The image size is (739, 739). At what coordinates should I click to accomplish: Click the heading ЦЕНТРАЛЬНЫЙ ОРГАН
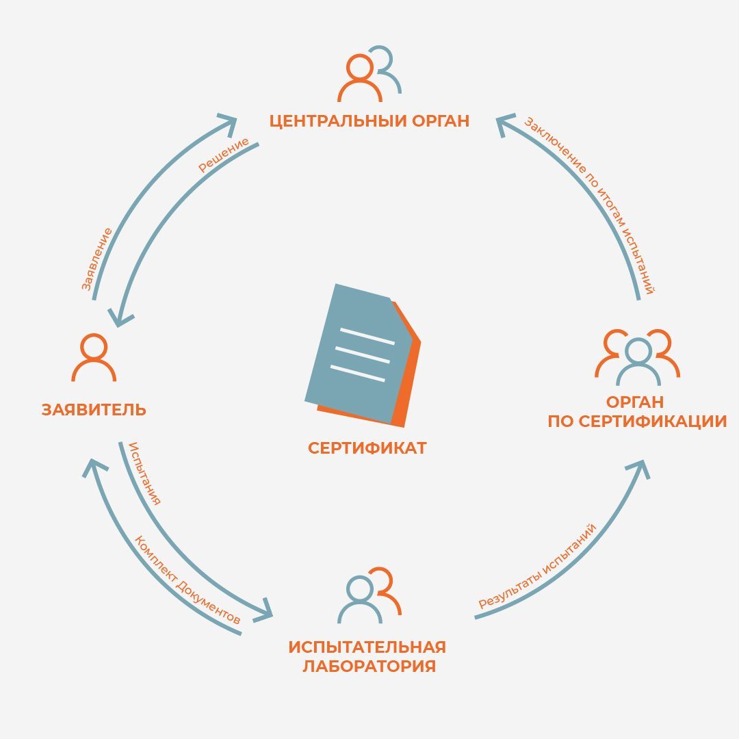(x=369, y=120)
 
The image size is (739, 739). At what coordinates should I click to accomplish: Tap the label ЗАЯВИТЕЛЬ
(x=94, y=410)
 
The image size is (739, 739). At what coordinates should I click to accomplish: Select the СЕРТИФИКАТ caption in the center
(x=367, y=448)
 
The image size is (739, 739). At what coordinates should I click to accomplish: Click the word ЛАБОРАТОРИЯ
(x=369, y=666)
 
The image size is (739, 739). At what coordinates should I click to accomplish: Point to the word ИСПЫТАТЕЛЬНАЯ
(x=367, y=647)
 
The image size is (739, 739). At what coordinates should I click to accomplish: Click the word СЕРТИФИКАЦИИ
(x=653, y=422)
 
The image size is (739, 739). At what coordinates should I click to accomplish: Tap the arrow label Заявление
(x=96, y=259)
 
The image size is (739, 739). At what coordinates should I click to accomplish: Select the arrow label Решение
(x=223, y=155)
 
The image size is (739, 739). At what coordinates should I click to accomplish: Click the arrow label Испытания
(x=145, y=474)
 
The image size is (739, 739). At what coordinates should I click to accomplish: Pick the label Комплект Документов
(x=187, y=580)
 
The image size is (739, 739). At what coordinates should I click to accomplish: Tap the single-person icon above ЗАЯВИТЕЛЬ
(x=94, y=356)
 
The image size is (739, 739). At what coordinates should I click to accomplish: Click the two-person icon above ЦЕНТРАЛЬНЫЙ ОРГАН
(x=369, y=73)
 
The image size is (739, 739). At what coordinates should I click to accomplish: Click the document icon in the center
(x=363, y=355)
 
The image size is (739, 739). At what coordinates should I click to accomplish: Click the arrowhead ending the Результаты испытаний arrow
(x=640, y=469)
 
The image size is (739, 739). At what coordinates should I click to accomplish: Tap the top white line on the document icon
(x=367, y=336)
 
